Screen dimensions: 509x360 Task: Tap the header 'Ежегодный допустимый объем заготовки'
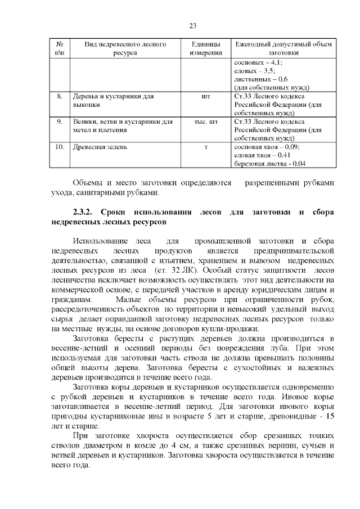[x=283, y=48]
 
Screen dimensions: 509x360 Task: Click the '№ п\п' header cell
[x=59, y=48]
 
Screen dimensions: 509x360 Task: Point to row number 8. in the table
[x=59, y=97]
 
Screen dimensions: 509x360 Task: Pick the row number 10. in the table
[x=59, y=147]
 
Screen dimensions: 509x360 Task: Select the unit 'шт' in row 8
[x=205, y=97]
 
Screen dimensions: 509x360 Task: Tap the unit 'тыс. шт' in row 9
[x=205, y=121]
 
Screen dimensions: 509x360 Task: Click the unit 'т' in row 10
[x=205, y=147]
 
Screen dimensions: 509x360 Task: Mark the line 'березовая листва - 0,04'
[x=269, y=164]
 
